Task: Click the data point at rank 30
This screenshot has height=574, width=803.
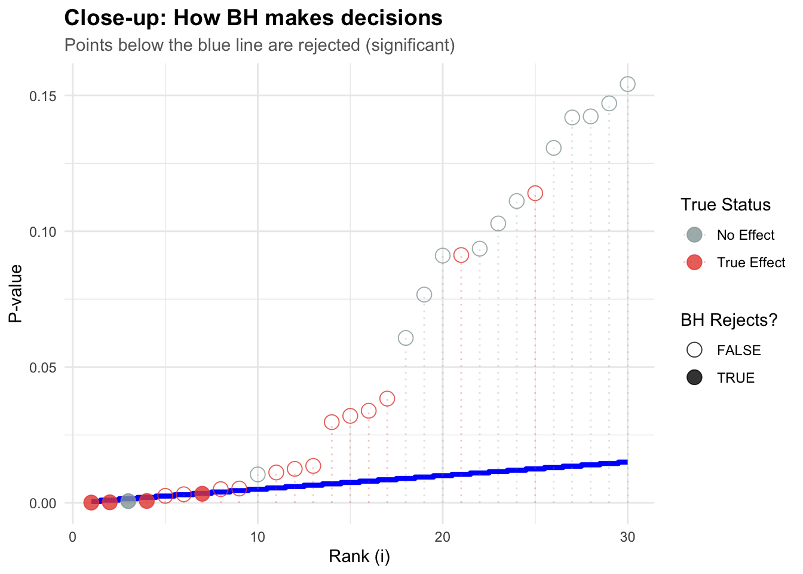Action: (x=627, y=84)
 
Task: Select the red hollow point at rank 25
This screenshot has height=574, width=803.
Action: (x=535, y=193)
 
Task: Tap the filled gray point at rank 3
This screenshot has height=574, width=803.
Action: (x=128, y=501)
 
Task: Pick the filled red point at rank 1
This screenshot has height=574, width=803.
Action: (x=91, y=502)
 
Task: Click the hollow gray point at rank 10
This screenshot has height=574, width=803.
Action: (x=258, y=474)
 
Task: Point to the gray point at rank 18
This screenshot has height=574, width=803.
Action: (x=406, y=338)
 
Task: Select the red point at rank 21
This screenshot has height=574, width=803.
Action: (x=461, y=255)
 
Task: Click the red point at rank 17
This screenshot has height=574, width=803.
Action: (x=387, y=398)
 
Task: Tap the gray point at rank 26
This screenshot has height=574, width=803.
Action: (x=554, y=148)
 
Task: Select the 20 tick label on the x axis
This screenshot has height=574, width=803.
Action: (x=442, y=537)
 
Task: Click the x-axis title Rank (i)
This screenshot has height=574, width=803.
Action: (x=359, y=557)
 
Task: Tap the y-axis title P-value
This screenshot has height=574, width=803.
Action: (x=16, y=293)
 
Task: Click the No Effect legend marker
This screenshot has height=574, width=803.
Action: (x=694, y=235)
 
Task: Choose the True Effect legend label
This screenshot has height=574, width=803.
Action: (x=751, y=262)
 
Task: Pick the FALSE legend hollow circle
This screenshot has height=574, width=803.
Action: (x=694, y=350)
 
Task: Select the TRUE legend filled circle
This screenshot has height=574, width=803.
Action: (x=694, y=378)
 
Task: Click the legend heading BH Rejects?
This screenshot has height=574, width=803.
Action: (x=729, y=320)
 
